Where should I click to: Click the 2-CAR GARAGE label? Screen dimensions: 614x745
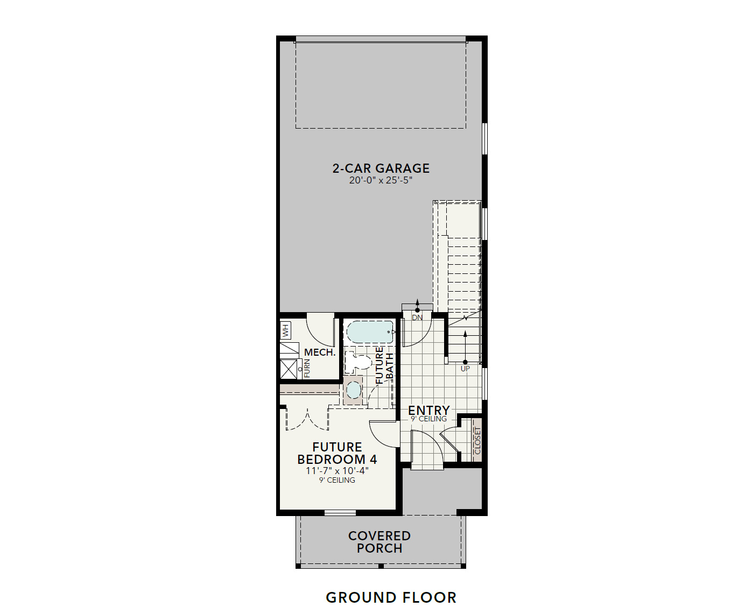381,168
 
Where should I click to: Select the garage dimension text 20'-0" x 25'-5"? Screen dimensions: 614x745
381,180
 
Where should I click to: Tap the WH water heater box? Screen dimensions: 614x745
285,330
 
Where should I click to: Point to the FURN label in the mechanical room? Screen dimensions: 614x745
307,368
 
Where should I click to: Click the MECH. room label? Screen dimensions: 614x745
320,352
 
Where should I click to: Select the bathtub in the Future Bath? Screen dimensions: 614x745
370,332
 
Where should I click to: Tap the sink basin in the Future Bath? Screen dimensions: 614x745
353,390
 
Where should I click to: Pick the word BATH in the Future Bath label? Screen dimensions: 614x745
390,365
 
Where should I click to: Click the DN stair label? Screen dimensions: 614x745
417,317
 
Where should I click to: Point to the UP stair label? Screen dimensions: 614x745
465,369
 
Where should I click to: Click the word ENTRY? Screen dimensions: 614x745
428,410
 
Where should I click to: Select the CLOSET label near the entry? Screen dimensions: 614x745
477,441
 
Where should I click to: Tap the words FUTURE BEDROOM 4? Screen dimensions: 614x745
337,453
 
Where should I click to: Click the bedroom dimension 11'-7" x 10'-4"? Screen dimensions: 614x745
337,471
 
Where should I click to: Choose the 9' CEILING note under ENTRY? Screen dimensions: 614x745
428,419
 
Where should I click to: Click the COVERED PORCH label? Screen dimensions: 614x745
379,542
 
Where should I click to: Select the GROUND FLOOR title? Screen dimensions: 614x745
391,597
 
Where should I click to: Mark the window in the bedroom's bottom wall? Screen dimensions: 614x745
340,512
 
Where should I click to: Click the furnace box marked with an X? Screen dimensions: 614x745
289,369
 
